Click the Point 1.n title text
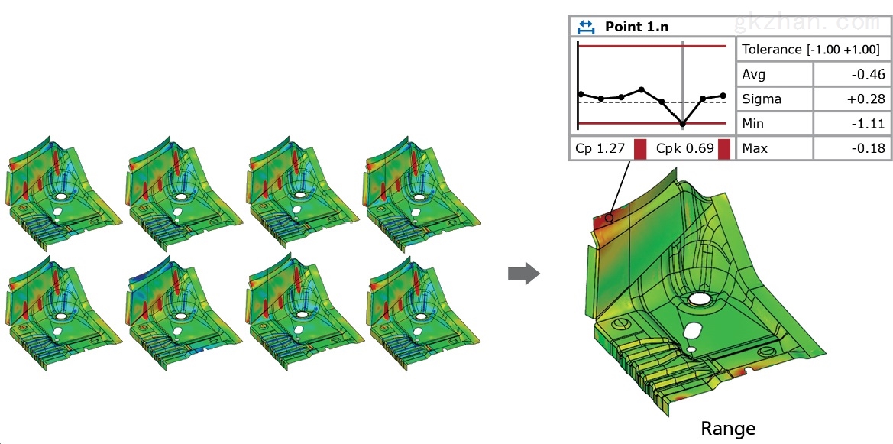tap(637, 26)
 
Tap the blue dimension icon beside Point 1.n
tap(586, 26)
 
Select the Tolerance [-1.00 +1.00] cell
tap(811, 50)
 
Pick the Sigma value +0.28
tap(865, 99)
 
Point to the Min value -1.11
tap(868, 124)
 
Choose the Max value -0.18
tap(867, 149)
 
